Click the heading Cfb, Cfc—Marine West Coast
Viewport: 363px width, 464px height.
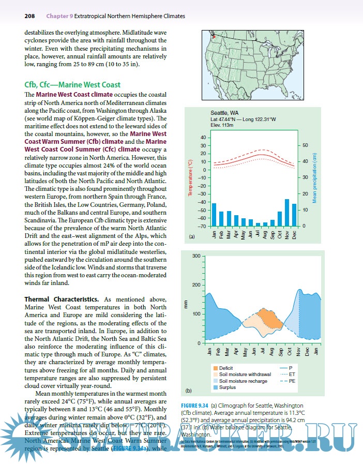72,85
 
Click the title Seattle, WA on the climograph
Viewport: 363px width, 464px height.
224,112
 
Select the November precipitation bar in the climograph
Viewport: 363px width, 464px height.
287,213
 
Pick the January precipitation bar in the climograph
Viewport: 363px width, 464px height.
214,215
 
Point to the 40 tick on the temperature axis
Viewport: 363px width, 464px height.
202,138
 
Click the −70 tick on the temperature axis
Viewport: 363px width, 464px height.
201,226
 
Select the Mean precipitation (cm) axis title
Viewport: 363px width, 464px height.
314,177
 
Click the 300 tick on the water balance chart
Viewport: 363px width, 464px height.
196,257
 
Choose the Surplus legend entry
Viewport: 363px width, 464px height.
228,387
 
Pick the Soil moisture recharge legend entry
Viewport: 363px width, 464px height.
243,381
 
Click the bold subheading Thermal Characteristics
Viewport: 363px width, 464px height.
62,300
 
